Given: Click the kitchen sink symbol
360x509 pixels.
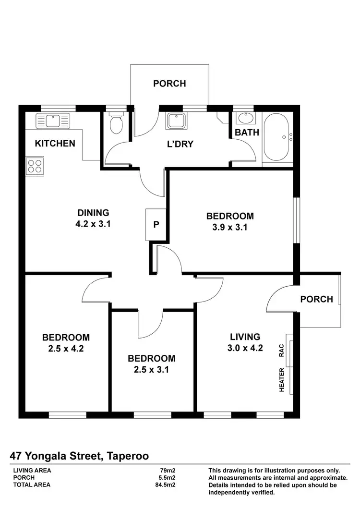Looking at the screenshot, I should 53,120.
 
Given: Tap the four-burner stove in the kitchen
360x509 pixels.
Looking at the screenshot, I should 34,166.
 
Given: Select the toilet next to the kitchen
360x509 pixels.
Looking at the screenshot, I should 116,124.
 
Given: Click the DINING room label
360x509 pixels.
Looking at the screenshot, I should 94,213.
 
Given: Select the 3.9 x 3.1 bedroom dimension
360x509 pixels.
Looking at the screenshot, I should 230,228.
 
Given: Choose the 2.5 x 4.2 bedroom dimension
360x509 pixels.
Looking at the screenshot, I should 66,349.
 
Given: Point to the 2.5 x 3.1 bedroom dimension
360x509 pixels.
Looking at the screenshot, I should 151,370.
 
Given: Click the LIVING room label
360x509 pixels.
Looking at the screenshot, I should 245,337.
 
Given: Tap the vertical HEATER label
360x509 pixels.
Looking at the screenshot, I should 282,380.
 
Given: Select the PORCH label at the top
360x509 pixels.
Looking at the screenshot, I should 169,84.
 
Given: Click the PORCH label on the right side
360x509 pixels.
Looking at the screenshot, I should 316,299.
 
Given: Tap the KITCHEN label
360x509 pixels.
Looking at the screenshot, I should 55,143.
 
